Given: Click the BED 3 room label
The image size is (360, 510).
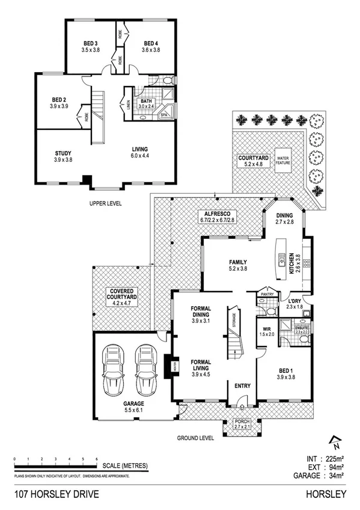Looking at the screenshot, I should click(x=91, y=47).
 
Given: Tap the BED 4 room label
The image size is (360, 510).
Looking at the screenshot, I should click(x=150, y=47).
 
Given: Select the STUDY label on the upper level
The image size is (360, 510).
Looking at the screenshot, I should click(x=63, y=156).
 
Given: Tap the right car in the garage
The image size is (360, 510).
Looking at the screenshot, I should click(x=145, y=367).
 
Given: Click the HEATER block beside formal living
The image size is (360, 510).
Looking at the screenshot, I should click(x=168, y=366).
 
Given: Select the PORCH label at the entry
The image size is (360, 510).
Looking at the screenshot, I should click(x=242, y=424).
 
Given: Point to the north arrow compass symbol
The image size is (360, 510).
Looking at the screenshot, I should click(x=335, y=442).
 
